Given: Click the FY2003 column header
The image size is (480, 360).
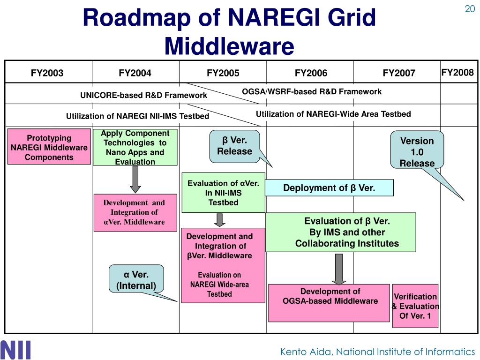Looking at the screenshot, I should point(47,73).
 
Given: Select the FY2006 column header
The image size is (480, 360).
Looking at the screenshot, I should point(311,73).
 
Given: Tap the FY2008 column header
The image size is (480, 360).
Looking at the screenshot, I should point(457,72).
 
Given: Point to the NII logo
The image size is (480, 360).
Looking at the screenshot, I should point(16,350).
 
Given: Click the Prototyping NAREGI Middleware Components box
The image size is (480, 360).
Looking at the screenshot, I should point(49,147).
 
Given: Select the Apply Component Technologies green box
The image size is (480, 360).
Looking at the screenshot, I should point(135,147).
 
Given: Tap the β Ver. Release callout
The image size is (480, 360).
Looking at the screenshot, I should point(234,146).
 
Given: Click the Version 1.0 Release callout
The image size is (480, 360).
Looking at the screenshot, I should point(417,151).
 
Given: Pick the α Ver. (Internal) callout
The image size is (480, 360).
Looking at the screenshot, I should point(136,280).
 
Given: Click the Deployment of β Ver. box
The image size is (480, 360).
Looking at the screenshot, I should point(329,188).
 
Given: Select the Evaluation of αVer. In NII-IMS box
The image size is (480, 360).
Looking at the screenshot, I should point(223,193).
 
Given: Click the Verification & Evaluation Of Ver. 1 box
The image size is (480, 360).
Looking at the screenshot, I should point(415,306).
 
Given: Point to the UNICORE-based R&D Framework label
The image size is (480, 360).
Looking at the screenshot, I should point(143,95).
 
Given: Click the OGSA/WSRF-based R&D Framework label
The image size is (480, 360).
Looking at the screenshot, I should point(312,91).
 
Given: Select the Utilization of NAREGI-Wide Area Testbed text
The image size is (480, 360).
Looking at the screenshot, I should point(333,114).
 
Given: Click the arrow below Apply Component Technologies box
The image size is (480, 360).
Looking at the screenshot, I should point(135,179).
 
